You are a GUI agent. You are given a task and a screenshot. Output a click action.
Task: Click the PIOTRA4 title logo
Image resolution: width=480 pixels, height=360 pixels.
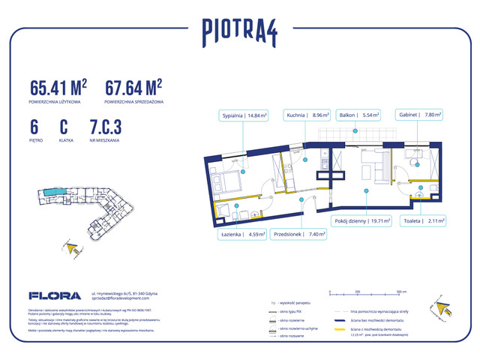[239, 31]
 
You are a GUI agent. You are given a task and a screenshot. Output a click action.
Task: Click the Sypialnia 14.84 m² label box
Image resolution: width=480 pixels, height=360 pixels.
[244, 115]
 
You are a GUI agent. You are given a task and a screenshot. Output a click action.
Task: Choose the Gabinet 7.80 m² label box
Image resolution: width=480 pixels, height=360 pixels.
[419, 115]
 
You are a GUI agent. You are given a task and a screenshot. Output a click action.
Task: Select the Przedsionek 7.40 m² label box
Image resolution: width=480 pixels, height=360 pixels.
[299, 234]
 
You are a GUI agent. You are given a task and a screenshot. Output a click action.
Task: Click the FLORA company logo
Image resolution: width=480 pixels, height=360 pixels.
[51, 295]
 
